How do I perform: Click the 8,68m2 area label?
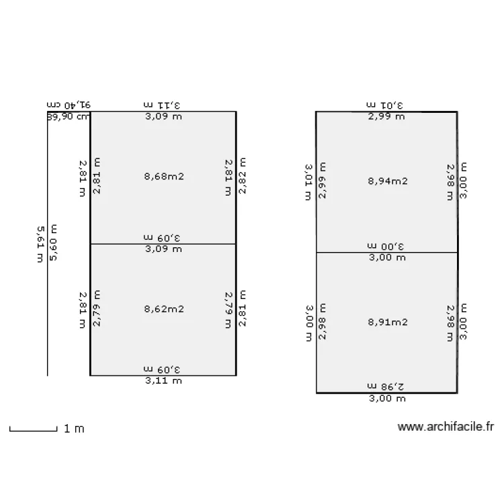pyautogui.click(x=164, y=177)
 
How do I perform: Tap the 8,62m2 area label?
pyautogui.click(x=164, y=310)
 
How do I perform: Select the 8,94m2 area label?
pyautogui.click(x=388, y=181)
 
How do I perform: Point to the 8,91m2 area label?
pyautogui.click(x=388, y=322)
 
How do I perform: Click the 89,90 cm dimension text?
pyautogui.click(x=68, y=116)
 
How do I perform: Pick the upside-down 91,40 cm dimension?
pyautogui.click(x=69, y=105)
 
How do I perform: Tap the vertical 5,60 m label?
pyautogui.click(x=54, y=244)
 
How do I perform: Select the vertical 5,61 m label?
pyautogui.click(x=41, y=244)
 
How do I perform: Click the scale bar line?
pyautogui.click(x=33, y=429)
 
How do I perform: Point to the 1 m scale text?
pyautogui.click(x=74, y=429)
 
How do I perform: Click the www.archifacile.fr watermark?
pyautogui.click(x=446, y=426)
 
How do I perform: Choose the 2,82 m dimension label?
pyautogui.click(x=243, y=177)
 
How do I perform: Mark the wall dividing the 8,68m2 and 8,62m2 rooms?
pyautogui.click(x=163, y=243)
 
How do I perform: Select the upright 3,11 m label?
pyautogui.click(x=163, y=381)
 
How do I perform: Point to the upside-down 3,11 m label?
pyautogui.click(x=163, y=105)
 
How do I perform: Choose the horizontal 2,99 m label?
pyautogui.click(x=386, y=116)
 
